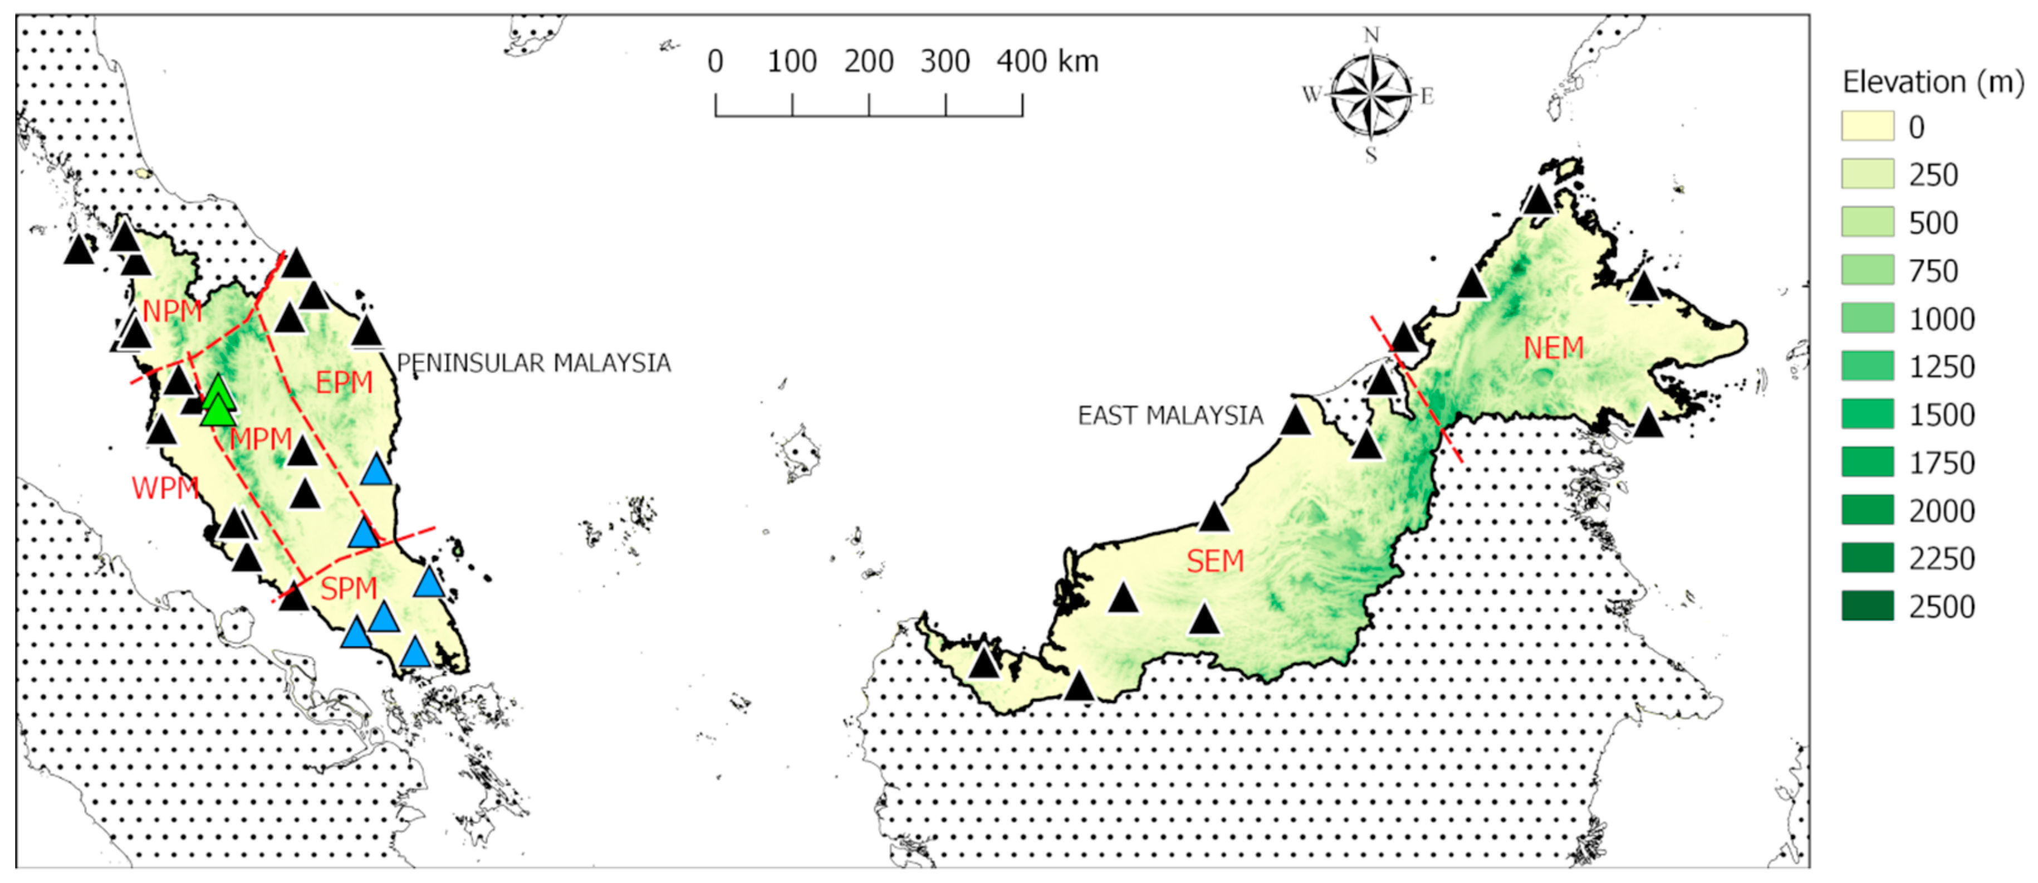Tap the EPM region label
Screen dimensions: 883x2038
pyautogui.click(x=344, y=382)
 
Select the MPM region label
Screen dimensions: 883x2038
pyautogui.click(x=261, y=438)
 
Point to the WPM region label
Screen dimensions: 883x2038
pyautogui.click(x=165, y=488)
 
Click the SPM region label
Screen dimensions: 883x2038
pyautogui.click(x=348, y=589)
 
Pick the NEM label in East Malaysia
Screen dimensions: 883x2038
pyautogui.click(x=1553, y=348)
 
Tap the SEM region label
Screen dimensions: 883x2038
pyautogui.click(x=1215, y=561)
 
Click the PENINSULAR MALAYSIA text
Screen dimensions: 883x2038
pyautogui.click(x=533, y=363)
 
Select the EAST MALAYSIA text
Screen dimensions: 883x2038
pyautogui.click(x=1170, y=416)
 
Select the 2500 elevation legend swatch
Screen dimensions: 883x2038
pyautogui.click(x=1867, y=606)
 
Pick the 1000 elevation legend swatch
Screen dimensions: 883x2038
pyautogui.click(x=1867, y=318)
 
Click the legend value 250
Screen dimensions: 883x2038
pyautogui.click(x=1933, y=175)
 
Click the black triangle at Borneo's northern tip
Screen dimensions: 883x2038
pyautogui.click(x=1538, y=199)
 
